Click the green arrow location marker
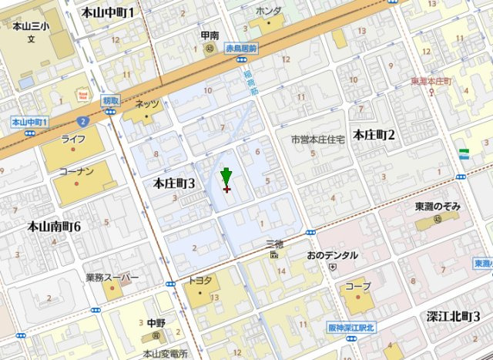[226, 176]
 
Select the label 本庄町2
[374, 136]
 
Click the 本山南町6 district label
[54, 227]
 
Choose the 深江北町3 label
[454, 317]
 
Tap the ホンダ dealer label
[268, 11]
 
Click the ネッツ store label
[146, 104]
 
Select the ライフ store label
[73, 139]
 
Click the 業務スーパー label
[112, 278]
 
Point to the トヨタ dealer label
[200, 280]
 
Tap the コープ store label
[357, 286]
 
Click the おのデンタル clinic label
[332, 255]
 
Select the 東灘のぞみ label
[438, 207]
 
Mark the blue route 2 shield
[82, 121]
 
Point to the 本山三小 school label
[31, 26]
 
